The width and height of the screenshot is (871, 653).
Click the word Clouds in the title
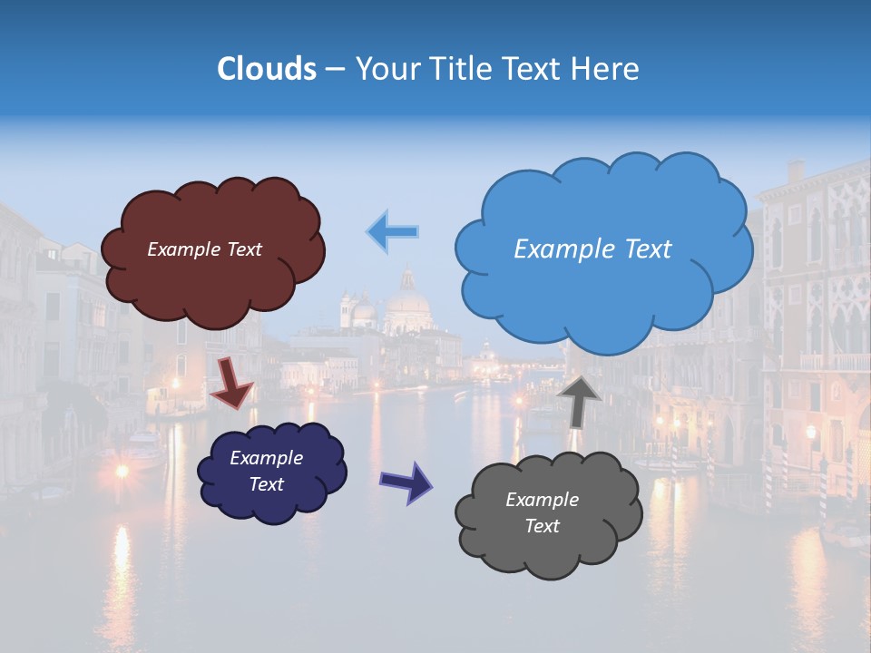coord(267,69)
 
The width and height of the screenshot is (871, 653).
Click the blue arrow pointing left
coord(392,231)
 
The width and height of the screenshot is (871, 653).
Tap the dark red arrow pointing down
coord(231,382)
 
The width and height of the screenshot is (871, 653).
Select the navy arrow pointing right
coord(406,481)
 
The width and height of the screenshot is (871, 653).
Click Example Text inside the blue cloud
coord(592,249)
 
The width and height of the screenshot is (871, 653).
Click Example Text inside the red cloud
coord(204,249)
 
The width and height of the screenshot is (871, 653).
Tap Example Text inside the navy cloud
coord(266,471)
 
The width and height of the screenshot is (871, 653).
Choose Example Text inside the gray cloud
coord(542,512)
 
